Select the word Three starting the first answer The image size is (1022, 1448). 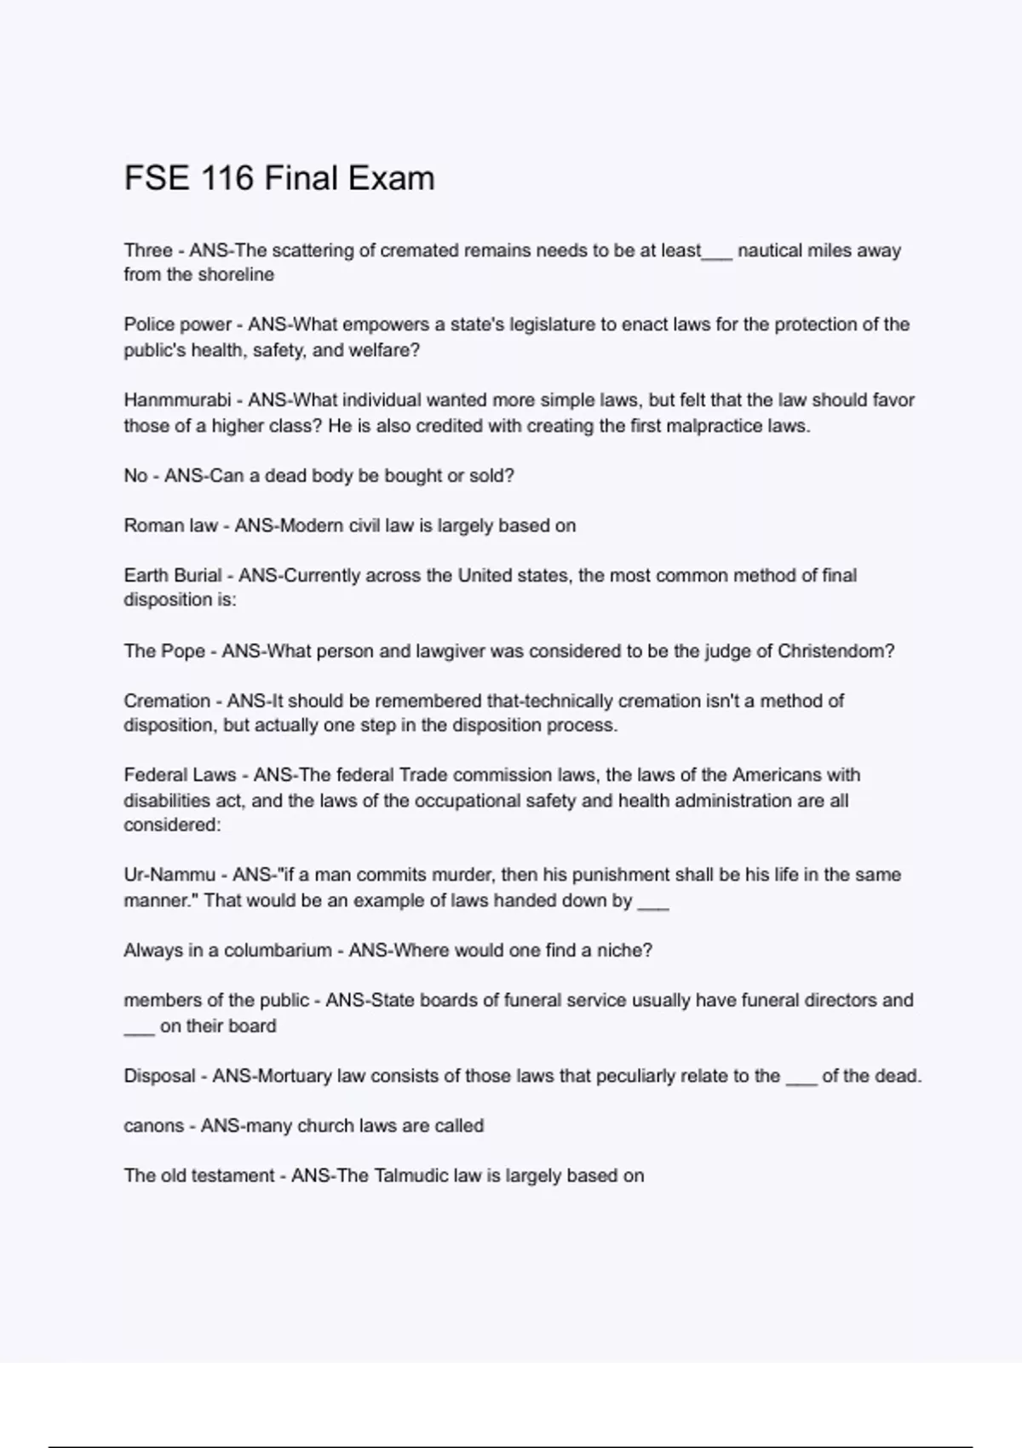point(148,250)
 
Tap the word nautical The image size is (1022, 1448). point(772,250)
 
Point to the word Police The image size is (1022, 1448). point(149,325)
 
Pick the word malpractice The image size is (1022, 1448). point(695,426)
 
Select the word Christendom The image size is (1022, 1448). point(835,652)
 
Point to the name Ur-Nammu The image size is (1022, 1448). point(169,875)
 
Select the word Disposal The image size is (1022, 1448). point(159,1076)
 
